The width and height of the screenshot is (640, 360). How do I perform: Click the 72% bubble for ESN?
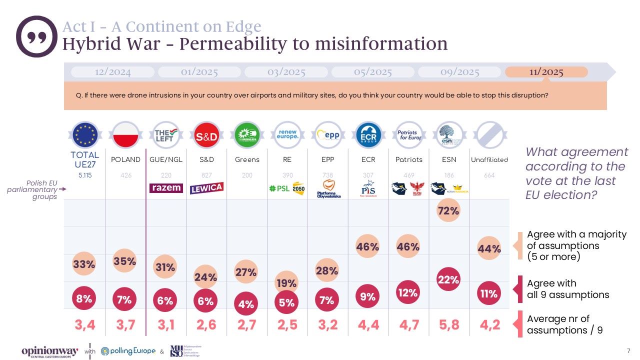(x=448, y=211)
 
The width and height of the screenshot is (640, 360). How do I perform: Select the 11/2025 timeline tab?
(x=546, y=72)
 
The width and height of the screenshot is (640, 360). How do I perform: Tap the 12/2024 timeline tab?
(x=112, y=72)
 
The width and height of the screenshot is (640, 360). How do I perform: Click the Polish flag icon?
(x=125, y=135)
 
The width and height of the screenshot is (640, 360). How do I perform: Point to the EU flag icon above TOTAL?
(x=85, y=135)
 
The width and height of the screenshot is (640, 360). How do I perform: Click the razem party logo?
(x=165, y=188)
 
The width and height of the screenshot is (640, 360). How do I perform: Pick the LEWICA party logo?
(x=206, y=188)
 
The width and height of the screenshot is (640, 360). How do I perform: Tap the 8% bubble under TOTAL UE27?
(x=84, y=299)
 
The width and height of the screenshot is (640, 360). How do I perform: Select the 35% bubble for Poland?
(x=124, y=260)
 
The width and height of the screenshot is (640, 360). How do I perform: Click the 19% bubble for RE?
(x=287, y=283)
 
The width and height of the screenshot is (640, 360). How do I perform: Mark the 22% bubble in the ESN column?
(x=448, y=280)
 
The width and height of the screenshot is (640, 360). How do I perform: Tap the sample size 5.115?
(x=84, y=175)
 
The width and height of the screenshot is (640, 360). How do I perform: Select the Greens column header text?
(x=247, y=160)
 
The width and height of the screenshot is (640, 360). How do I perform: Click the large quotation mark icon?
(x=36, y=36)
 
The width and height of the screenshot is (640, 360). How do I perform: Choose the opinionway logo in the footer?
(x=49, y=351)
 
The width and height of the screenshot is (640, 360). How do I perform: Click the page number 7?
(x=628, y=350)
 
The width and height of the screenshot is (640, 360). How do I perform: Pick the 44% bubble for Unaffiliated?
(x=489, y=248)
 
